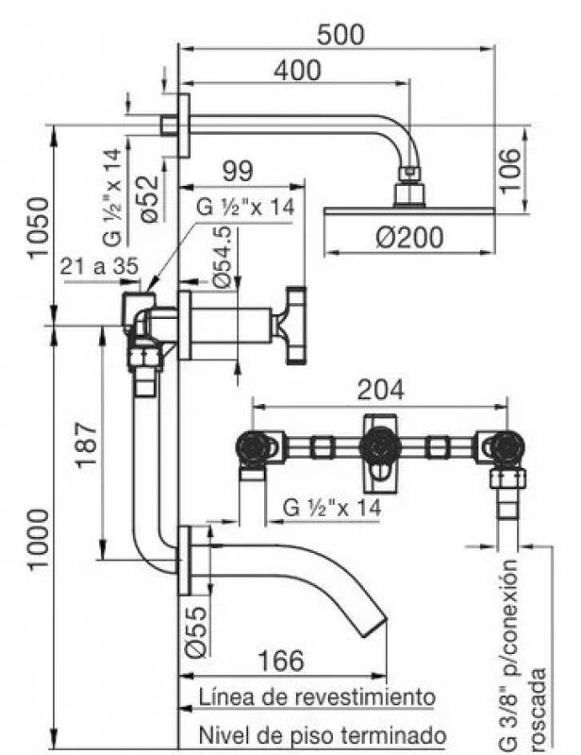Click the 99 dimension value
pyautogui.click(x=238, y=172)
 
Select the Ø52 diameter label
pyautogui.click(x=147, y=200)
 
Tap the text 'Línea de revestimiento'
pyautogui.click(x=317, y=697)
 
